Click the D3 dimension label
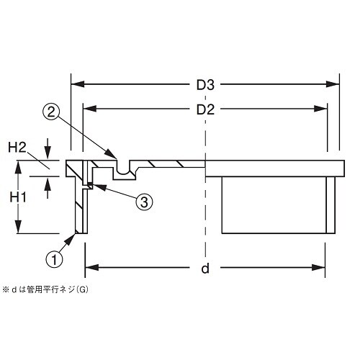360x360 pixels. click(206, 84)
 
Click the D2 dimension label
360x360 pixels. click(206, 110)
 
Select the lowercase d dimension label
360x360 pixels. click(205, 269)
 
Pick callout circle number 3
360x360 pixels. click(144, 202)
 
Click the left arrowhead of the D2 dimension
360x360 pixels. click(89, 110)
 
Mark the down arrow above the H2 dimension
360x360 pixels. click(48, 151)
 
